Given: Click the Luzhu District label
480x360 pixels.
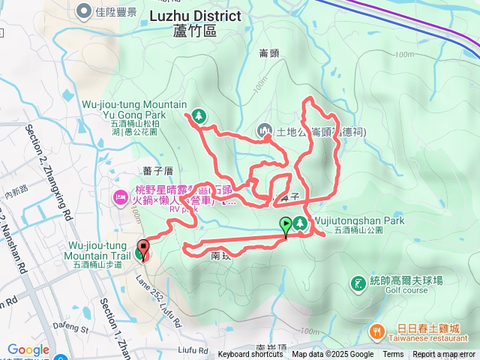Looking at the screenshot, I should [x=195, y=16].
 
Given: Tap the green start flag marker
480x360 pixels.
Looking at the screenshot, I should [x=286, y=224].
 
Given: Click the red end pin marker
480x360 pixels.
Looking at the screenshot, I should [x=142, y=250].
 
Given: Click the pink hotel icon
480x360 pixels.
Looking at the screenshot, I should [x=119, y=197].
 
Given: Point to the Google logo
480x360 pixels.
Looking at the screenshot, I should [x=28, y=349].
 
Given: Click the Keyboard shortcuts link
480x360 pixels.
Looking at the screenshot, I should [x=250, y=355].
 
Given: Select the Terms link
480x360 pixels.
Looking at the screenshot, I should [x=393, y=355].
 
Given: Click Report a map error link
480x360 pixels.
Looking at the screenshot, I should [x=445, y=355].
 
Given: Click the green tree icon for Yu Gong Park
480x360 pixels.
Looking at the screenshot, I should [x=199, y=115].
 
